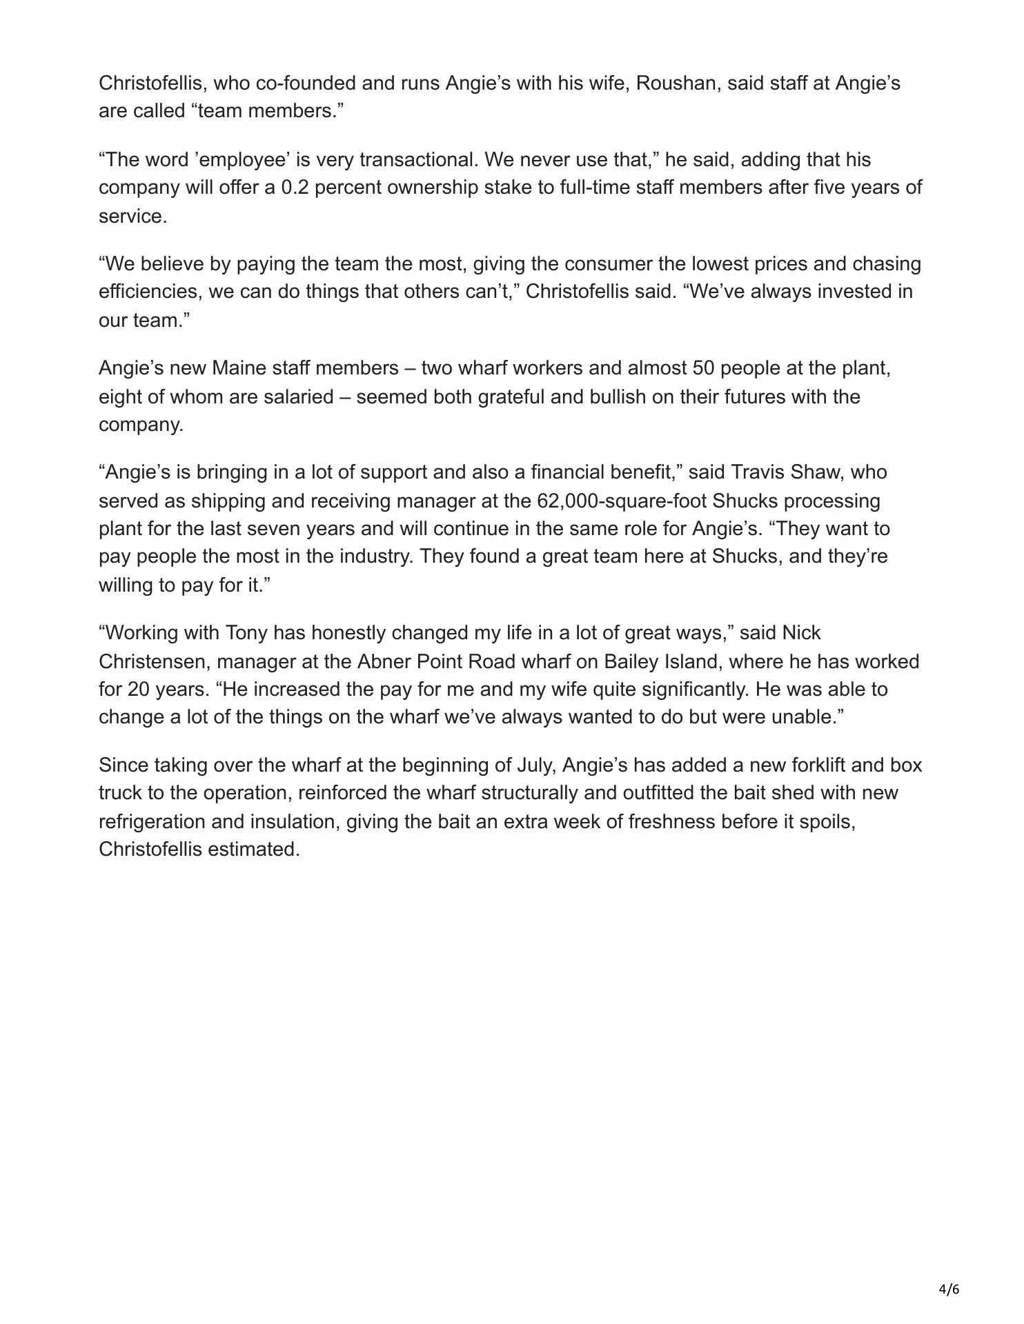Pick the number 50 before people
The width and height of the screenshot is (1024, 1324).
(x=703, y=368)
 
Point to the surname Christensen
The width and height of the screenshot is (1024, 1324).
(x=155, y=662)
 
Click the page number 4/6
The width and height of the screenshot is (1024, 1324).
(x=949, y=1289)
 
